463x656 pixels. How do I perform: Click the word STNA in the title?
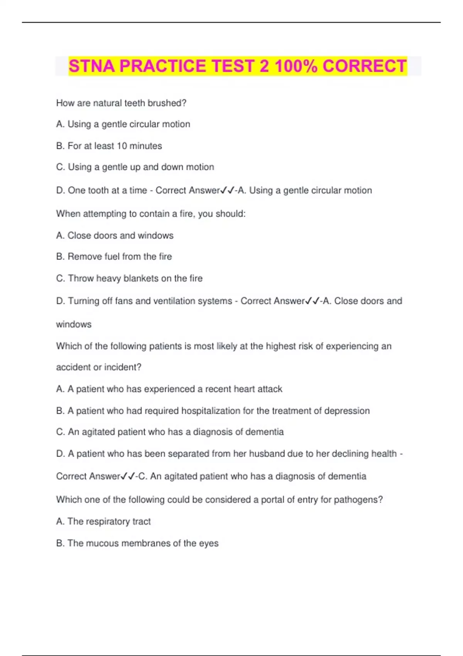(x=92, y=66)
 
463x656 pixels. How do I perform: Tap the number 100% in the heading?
(x=296, y=66)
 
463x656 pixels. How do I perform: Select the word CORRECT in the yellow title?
(x=364, y=66)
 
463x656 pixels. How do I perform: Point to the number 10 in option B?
(x=122, y=146)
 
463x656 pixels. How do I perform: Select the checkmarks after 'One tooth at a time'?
(x=227, y=190)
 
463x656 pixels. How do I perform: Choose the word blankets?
(x=141, y=278)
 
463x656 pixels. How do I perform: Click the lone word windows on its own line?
(x=74, y=324)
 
